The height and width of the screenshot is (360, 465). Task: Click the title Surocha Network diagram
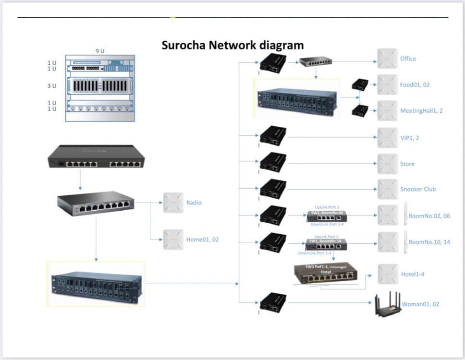click(232, 45)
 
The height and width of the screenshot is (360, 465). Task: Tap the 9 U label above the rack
click(100, 51)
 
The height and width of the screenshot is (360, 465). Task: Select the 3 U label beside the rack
click(51, 85)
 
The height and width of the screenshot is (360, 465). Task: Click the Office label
click(408, 59)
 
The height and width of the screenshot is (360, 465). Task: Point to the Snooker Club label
click(418, 189)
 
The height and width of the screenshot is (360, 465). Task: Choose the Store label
click(407, 164)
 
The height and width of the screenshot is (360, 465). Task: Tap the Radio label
click(194, 203)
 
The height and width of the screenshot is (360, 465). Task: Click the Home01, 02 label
click(202, 239)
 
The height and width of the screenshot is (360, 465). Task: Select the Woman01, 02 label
click(420, 304)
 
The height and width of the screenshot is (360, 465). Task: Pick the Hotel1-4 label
click(413, 275)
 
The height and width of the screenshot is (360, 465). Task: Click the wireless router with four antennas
click(388, 304)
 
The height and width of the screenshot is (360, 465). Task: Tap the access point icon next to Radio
click(173, 203)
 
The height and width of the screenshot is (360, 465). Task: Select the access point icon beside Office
click(387, 59)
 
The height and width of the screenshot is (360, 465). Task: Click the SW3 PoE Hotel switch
click(326, 274)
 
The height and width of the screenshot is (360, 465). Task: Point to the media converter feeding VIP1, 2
click(273, 137)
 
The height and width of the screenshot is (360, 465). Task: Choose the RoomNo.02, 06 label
click(429, 216)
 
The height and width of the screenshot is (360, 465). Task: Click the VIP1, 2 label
click(410, 138)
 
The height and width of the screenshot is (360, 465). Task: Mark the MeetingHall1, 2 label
click(421, 111)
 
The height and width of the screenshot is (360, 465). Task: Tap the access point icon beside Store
click(387, 164)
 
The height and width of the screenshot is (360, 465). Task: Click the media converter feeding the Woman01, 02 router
click(273, 302)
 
